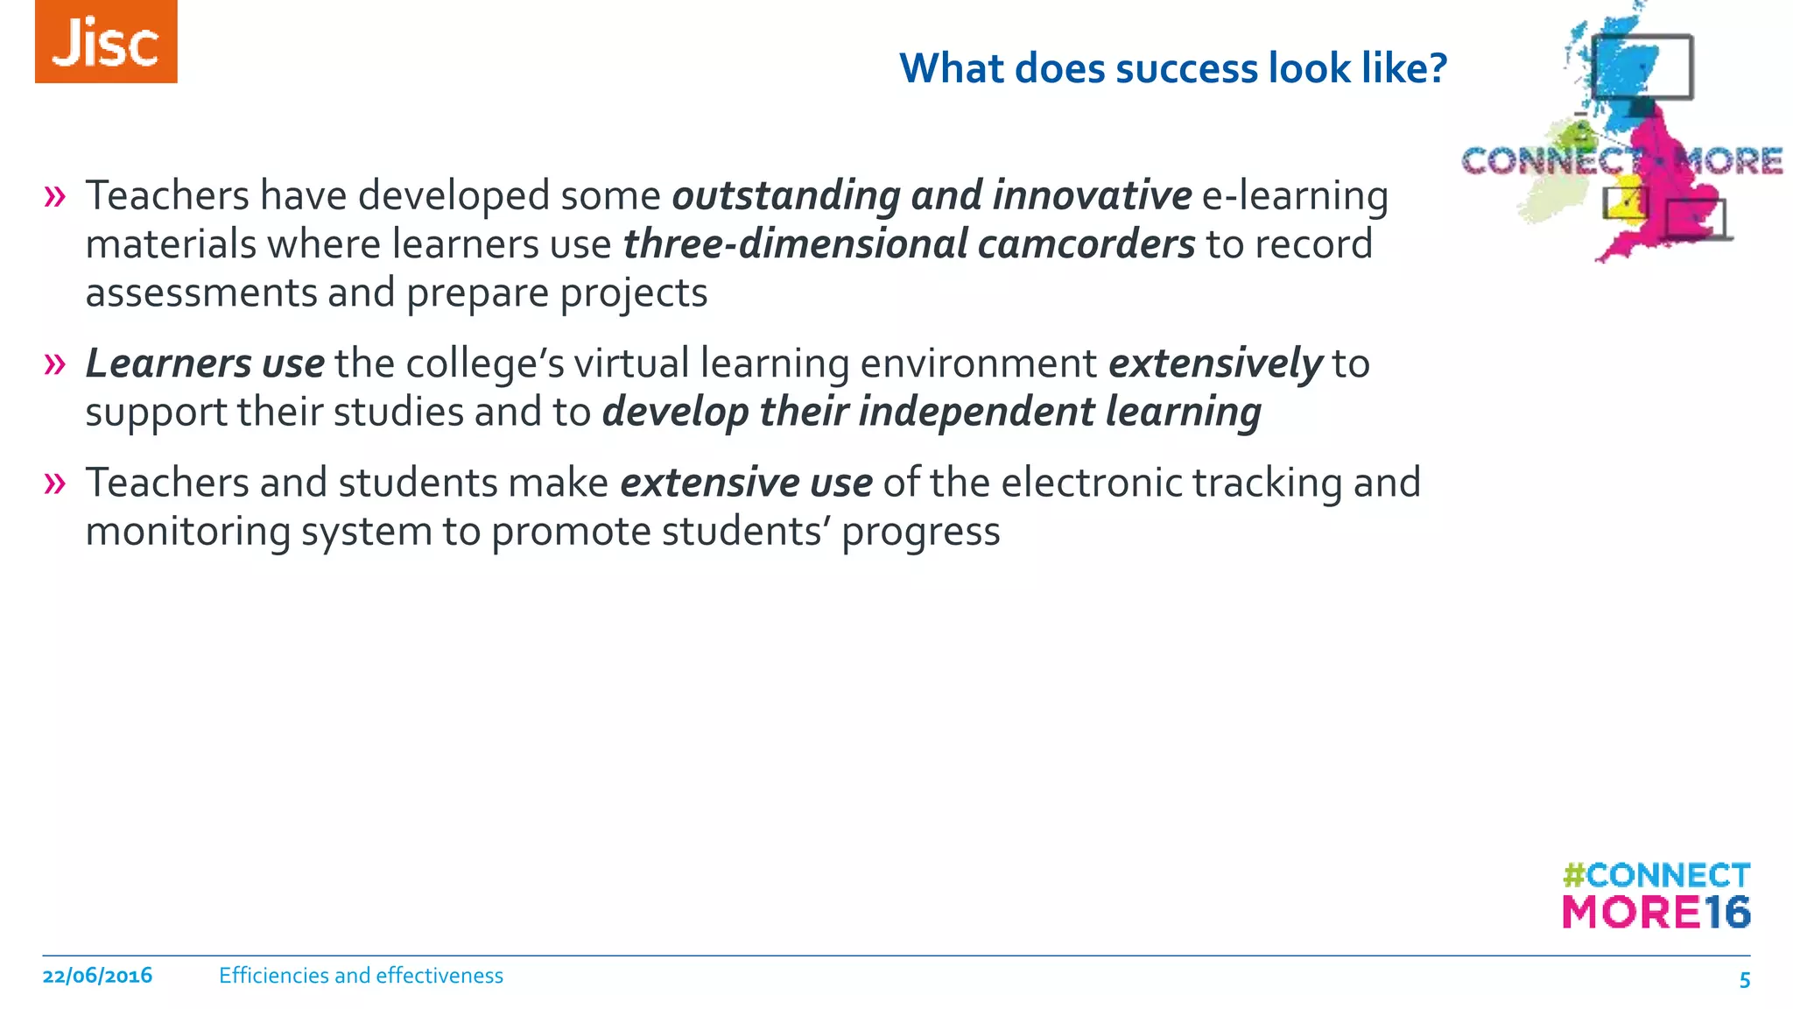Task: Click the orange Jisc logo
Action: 106,42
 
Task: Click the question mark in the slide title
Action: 1437,68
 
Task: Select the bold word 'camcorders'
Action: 1086,244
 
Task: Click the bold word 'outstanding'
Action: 785,196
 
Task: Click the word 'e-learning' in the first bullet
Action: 1295,196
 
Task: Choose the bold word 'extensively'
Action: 1215,363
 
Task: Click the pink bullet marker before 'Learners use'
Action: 54,363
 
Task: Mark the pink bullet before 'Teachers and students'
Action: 54,483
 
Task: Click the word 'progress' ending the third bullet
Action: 920,532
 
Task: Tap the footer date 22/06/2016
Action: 97,976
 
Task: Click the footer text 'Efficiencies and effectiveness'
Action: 361,976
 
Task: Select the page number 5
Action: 1744,980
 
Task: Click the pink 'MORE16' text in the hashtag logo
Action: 1656,913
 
